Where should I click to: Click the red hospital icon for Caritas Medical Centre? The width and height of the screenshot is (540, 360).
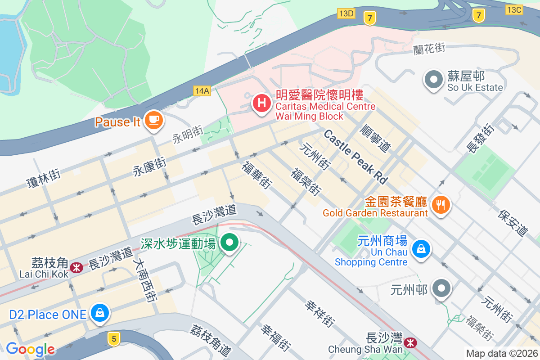click(x=261, y=103)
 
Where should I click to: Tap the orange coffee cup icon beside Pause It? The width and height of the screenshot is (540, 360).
click(x=154, y=120)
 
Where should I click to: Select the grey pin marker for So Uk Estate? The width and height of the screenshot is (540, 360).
click(x=434, y=80)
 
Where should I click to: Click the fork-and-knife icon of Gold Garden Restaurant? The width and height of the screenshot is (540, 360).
click(x=441, y=205)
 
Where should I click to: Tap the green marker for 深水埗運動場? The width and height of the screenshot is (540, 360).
click(x=230, y=243)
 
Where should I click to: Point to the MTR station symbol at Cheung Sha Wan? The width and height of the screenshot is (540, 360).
click(x=410, y=343)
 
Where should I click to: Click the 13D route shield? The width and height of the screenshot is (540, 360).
click(x=346, y=13)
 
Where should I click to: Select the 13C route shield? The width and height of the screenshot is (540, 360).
click(x=514, y=9)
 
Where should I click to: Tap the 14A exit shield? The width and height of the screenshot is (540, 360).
click(x=202, y=91)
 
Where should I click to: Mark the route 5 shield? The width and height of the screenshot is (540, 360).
click(x=114, y=339)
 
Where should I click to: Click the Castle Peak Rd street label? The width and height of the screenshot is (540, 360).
click(x=355, y=156)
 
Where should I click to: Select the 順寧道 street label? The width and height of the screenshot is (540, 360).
click(x=376, y=137)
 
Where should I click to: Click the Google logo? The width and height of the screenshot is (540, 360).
click(x=30, y=349)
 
